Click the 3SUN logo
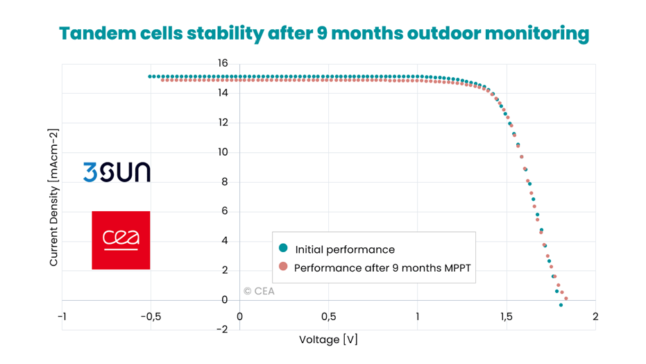pos(117,172)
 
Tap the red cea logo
pos(121,240)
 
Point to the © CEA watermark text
pos(259,291)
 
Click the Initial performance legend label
pos(345,249)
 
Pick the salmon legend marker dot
pos(282,267)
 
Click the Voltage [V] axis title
pos(328,340)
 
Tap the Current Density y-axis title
pos(53,197)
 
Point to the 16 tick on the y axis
pos(222,63)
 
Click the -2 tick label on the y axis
pos(221,329)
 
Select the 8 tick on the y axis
pos(223,182)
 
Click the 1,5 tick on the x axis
pos(506,317)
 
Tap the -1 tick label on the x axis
pos(62,317)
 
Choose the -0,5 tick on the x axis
pos(150,317)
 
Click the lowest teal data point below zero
pos(561,305)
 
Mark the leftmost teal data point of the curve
pos(150,76)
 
